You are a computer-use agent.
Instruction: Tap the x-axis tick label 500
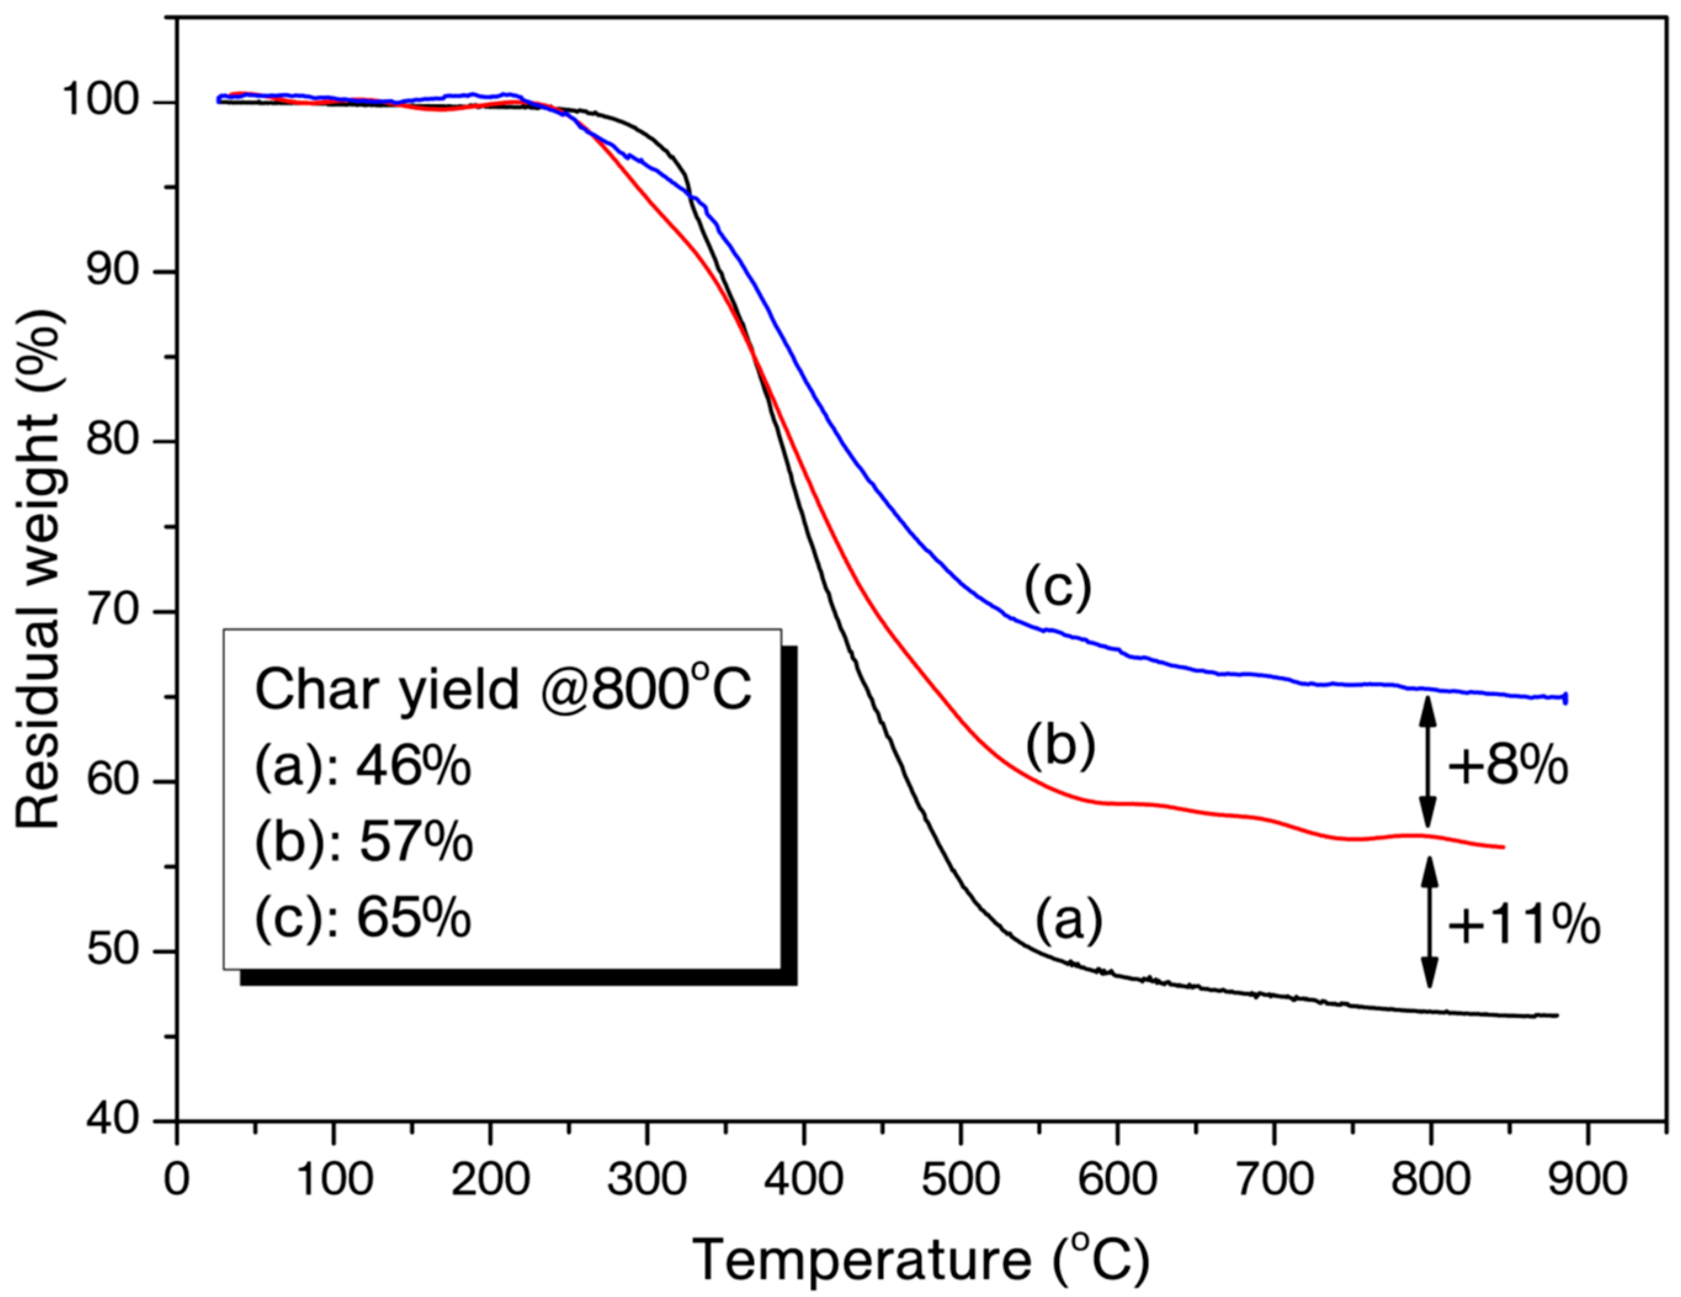961,1179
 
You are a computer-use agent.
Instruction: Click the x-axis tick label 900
1587,1179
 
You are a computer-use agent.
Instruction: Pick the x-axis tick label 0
177,1179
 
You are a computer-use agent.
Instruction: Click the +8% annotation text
1507,767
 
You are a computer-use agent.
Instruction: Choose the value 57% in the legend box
415,841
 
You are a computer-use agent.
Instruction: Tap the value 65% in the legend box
413,918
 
